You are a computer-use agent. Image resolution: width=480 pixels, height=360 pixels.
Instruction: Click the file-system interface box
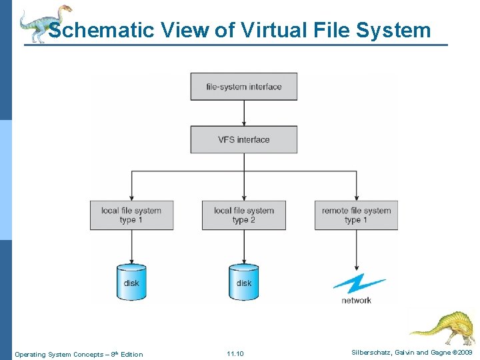[243, 87]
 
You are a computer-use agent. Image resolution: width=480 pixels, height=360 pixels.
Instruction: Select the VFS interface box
[243, 139]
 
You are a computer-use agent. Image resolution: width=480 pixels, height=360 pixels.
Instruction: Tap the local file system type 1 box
[131, 215]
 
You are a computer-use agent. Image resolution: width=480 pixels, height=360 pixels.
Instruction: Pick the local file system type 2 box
[243, 215]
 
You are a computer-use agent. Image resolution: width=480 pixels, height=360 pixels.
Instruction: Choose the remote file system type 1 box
[356, 215]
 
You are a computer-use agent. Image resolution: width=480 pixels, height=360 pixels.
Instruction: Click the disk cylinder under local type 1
[131, 282]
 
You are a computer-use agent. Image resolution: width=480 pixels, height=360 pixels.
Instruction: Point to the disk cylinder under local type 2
[244, 282]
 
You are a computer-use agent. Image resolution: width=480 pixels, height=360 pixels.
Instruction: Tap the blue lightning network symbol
[358, 284]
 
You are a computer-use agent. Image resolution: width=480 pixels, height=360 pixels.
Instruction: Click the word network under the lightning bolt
[357, 301]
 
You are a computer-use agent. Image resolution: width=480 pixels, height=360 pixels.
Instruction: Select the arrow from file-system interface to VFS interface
[244, 113]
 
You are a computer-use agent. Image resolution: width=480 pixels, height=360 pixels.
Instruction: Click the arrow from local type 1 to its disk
[131, 246]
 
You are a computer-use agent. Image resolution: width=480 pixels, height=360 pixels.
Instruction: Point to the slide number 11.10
[235, 353]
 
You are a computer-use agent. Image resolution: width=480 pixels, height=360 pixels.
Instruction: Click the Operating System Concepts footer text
[79, 354]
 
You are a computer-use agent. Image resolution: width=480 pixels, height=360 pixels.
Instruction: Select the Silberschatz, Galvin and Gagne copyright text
[412, 352]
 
